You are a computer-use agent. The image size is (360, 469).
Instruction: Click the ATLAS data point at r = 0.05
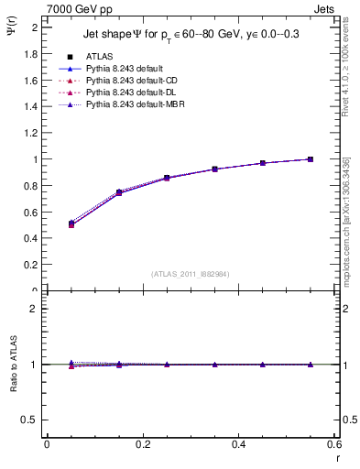[71, 224]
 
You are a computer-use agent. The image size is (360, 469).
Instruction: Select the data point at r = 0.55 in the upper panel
[310, 159]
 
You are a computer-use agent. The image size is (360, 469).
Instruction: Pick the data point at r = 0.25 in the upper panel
[166, 178]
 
